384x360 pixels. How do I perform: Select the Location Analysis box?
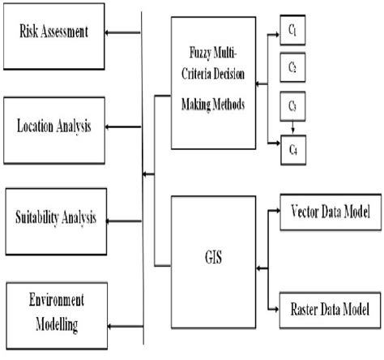[x=54, y=126]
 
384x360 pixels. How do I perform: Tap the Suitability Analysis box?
[x=54, y=216]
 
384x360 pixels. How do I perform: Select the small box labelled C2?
[x=293, y=67]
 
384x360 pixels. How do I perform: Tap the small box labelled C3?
[x=293, y=105]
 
